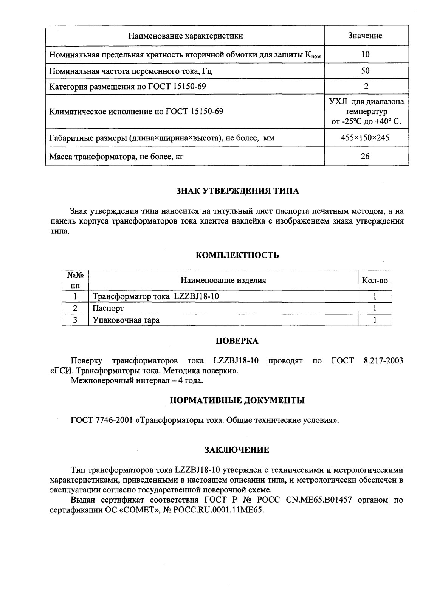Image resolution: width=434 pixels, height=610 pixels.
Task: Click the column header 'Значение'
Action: [x=365, y=36]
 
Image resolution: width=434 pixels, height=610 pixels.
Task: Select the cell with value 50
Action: [x=365, y=71]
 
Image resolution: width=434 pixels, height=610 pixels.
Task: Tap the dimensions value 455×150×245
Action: [x=365, y=138]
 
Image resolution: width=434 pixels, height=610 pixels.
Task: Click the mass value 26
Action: [x=365, y=156]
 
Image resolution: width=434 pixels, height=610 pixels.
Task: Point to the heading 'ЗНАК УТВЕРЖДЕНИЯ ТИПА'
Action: [x=237, y=191]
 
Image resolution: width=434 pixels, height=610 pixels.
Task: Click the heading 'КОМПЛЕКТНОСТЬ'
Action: [x=237, y=255]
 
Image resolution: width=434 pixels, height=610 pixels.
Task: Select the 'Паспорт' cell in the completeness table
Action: [x=108, y=309]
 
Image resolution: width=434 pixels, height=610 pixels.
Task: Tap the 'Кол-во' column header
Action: [x=375, y=281]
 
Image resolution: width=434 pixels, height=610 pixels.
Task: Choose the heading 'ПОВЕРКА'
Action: [x=237, y=341]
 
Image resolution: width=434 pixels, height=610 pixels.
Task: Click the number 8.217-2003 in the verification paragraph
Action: [x=383, y=361]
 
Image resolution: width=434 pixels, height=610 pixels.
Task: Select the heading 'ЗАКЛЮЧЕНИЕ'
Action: [x=237, y=450]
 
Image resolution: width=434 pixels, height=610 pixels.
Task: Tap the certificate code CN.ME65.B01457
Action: [x=319, y=500]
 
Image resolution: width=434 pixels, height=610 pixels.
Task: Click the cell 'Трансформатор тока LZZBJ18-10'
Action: [x=156, y=296]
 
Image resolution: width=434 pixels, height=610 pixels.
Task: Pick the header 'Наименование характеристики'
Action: [x=185, y=36]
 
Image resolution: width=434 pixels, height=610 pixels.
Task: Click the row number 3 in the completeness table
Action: [x=75, y=320]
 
